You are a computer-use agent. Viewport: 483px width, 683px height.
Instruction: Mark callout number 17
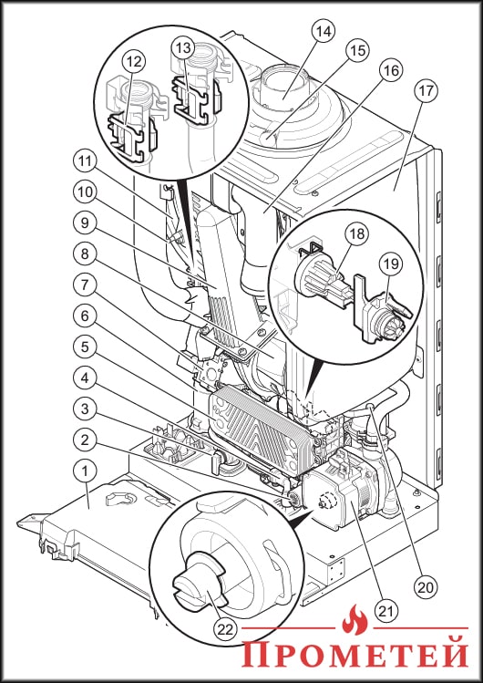click(426, 92)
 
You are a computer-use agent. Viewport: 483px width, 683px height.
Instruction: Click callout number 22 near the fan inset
click(223, 628)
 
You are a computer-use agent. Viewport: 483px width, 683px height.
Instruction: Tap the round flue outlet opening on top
click(283, 91)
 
